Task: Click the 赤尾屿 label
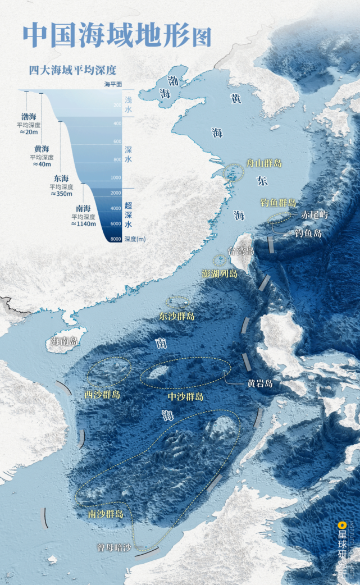pyautogui.click(x=315, y=214)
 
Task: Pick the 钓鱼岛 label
pyautogui.click(x=308, y=233)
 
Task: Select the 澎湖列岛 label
pyautogui.click(x=220, y=273)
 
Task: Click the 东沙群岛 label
pyautogui.click(x=177, y=316)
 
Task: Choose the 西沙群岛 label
pyautogui.click(x=102, y=394)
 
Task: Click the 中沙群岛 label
pyautogui.click(x=186, y=396)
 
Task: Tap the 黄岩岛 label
pyautogui.click(x=260, y=384)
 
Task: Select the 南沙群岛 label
pyautogui.click(x=106, y=513)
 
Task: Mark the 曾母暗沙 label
pyautogui.click(x=113, y=546)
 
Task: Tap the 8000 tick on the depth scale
pyautogui.click(x=116, y=239)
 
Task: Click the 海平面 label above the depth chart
pyautogui.click(x=113, y=84)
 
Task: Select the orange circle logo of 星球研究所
pyautogui.click(x=341, y=525)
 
